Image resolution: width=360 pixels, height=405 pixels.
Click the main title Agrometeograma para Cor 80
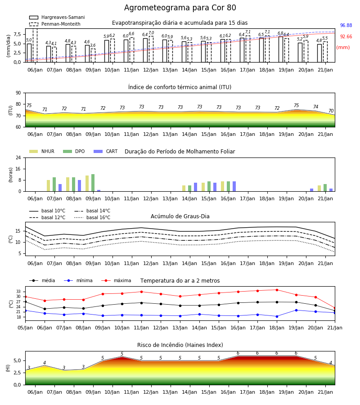180,8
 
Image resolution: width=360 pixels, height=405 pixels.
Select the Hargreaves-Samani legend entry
57,17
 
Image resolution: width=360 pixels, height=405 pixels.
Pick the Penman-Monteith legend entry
55,24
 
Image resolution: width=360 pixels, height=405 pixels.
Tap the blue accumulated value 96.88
346,25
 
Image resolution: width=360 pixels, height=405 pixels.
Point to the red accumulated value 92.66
346,37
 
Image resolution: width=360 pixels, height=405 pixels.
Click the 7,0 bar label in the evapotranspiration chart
151,33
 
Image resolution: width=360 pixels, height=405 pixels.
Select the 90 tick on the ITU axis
18,93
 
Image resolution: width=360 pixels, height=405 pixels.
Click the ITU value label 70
331,111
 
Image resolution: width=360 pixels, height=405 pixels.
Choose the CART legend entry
106,151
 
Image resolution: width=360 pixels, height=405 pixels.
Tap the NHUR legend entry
42,151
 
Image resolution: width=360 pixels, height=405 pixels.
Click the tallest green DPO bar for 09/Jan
93,183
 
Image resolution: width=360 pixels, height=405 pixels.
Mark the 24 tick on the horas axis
18,157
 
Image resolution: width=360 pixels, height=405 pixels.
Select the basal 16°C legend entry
92,217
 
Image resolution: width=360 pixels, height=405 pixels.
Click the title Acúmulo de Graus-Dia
180,216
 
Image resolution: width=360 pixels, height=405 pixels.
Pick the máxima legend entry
116,280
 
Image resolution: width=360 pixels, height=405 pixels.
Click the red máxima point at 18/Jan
277,290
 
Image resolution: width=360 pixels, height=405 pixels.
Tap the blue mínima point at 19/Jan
296,310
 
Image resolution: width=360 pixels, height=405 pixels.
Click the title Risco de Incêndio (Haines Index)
180,345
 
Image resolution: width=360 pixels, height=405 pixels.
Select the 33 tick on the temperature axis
18,292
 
